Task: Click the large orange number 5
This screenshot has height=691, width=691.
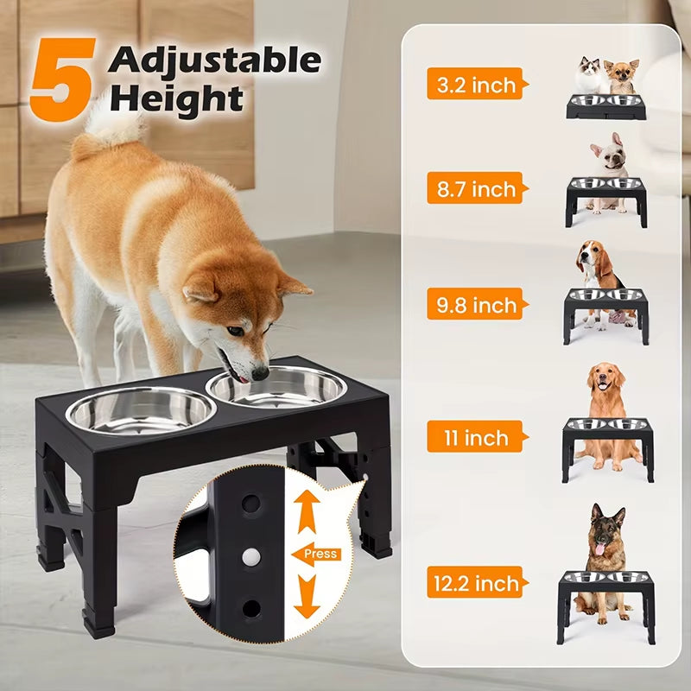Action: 62,79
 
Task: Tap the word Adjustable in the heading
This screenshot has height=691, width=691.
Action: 214,60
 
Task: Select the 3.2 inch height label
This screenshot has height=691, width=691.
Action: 474,84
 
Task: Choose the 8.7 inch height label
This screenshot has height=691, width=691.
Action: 474,188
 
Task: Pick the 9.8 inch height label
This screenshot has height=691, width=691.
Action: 474,304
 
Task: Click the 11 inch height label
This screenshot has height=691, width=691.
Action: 474,437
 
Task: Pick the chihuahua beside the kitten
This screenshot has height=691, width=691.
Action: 621,76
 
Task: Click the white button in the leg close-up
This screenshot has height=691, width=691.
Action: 251,554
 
